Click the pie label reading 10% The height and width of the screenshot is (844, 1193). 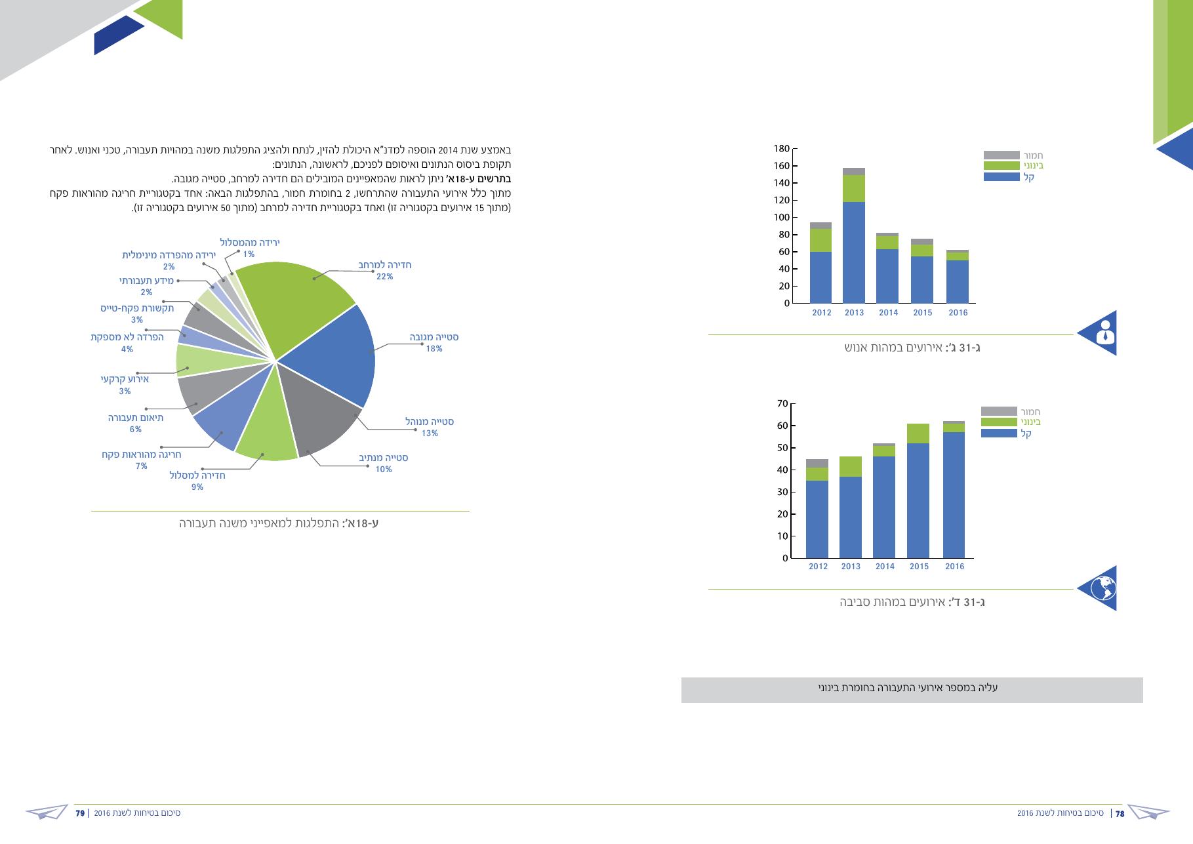tap(384, 470)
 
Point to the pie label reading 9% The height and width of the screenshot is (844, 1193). tap(197, 487)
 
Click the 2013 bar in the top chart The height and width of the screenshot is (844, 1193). tap(854, 235)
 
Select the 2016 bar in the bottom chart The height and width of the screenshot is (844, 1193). tap(954, 490)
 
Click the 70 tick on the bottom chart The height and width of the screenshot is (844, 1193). tap(782, 403)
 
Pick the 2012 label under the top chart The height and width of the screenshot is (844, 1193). tap(822, 313)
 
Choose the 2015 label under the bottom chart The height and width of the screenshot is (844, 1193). tap(920, 567)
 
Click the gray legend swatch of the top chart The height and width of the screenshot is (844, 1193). tap(1001, 155)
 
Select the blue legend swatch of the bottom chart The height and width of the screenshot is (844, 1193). tap(999, 433)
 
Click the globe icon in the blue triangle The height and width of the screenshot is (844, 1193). tap(1103, 588)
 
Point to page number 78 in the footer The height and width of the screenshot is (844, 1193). tap(1120, 813)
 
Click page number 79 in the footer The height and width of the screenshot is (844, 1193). tap(80, 813)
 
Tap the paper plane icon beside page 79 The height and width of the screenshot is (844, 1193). tap(47, 812)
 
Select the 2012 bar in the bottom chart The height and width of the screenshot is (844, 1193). tap(817, 509)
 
